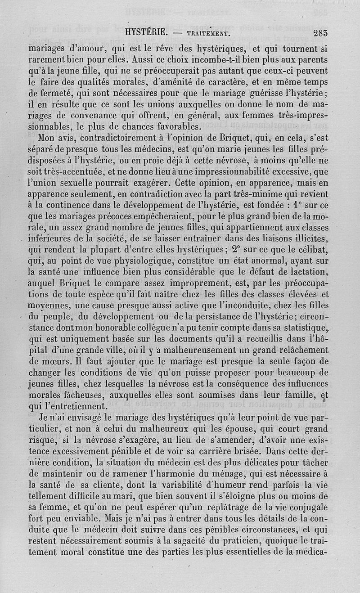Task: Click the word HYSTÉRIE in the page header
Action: pos(146,32)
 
